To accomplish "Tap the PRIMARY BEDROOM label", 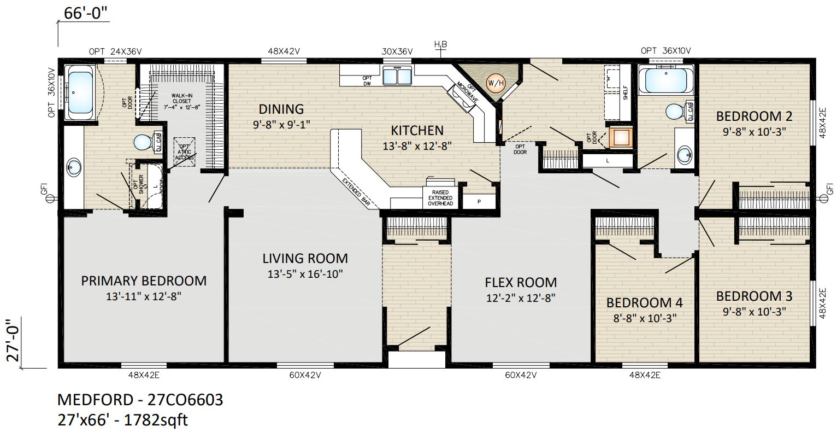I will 144,281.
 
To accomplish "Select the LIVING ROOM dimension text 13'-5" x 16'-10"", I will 305,274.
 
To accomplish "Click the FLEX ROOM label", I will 521,283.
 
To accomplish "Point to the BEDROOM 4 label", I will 644,302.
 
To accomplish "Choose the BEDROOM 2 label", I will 754,116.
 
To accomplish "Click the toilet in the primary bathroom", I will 144,143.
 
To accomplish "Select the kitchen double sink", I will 397,75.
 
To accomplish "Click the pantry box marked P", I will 479,202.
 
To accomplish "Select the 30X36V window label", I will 397,51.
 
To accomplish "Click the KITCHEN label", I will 417,131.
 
